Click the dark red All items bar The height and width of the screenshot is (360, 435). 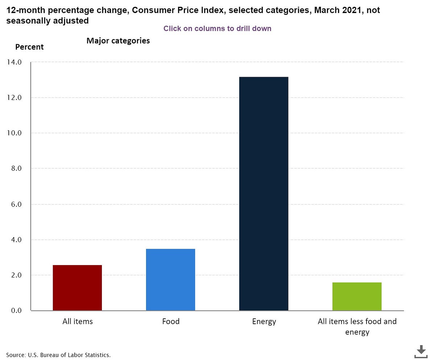pyautogui.click(x=77, y=288)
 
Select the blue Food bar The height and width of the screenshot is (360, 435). pyautogui.click(x=170, y=280)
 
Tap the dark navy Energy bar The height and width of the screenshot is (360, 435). pyautogui.click(x=264, y=194)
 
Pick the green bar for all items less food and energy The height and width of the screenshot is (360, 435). pyautogui.click(x=357, y=297)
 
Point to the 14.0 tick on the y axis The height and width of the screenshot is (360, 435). pyautogui.click(x=14, y=62)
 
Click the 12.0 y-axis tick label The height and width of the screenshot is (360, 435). pyautogui.click(x=14, y=97)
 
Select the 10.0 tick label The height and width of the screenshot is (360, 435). pyautogui.click(x=14, y=133)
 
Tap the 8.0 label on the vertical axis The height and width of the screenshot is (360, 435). pyautogui.click(x=16, y=168)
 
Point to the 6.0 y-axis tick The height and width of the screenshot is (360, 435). pyautogui.click(x=16, y=204)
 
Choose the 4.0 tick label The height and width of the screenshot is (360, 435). pyautogui.click(x=16, y=240)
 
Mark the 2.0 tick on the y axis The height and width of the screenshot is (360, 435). pyautogui.click(x=16, y=275)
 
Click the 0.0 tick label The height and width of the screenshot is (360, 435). pyautogui.click(x=16, y=310)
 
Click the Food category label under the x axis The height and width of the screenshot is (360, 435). pyautogui.click(x=171, y=322)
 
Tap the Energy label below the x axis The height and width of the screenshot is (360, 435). pyautogui.click(x=264, y=322)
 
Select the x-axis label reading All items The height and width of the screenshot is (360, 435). pyautogui.click(x=78, y=322)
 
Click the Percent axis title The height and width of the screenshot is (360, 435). pyautogui.click(x=29, y=47)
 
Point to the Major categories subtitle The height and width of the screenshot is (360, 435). pyautogui.click(x=118, y=41)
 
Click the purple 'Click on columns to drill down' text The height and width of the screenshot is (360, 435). pyautogui.click(x=217, y=29)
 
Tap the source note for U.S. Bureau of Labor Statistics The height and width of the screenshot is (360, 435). pyautogui.click(x=58, y=355)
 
